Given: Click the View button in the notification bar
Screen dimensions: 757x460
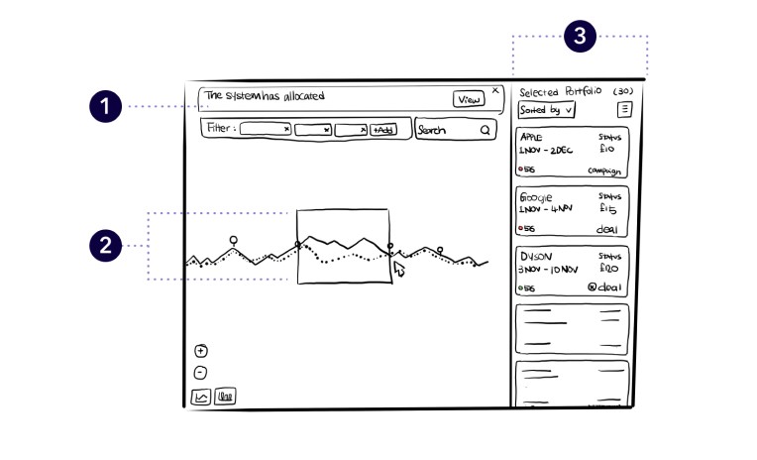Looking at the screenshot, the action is coord(468,98).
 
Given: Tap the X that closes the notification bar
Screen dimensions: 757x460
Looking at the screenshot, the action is coord(495,88).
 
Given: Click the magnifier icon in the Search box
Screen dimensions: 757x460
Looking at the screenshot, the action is coord(486,130).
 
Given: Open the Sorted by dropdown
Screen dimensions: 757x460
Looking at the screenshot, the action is coord(547,110).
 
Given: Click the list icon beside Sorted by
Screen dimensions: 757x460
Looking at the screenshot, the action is coord(624,110).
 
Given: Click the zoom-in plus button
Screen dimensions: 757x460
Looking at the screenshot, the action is coord(200,350).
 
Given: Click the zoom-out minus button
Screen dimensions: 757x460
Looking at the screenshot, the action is coord(200,373).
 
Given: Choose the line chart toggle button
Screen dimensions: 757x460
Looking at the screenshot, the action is coord(201,398).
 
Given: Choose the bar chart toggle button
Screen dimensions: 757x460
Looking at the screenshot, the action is coord(225,398).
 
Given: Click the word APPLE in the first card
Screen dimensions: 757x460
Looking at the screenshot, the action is coord(532,137).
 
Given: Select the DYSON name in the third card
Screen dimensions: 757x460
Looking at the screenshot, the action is coord(535,256).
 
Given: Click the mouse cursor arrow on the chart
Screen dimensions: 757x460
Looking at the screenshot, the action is coord(399,268).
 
